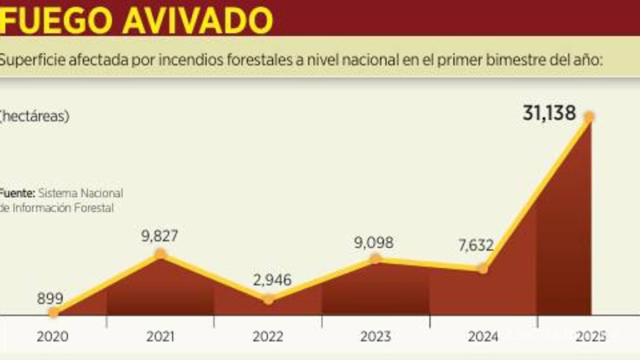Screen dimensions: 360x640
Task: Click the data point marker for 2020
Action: point(53,312)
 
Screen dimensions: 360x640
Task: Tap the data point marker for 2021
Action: point(161,254)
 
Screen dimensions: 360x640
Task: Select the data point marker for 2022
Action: point(268,299)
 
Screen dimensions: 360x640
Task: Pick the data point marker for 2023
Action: point(376,258)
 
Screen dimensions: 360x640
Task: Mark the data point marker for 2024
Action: point(483,268)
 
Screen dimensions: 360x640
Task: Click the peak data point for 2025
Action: point(589,117)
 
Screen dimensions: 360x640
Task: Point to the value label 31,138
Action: point(549,113)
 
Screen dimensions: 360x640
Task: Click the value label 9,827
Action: point(159,236)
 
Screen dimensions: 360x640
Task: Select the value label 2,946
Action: point(272,281)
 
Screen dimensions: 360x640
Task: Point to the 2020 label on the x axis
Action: point(53,337)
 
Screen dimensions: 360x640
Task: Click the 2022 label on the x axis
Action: point(268,337)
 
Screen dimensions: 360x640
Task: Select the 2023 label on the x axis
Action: point(376,337)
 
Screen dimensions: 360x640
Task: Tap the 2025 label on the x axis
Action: point(591,337)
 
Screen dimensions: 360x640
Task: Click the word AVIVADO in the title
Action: point(197,20)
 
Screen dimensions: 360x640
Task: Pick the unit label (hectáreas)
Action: point(34,116)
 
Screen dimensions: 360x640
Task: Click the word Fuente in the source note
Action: point(17,193)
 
